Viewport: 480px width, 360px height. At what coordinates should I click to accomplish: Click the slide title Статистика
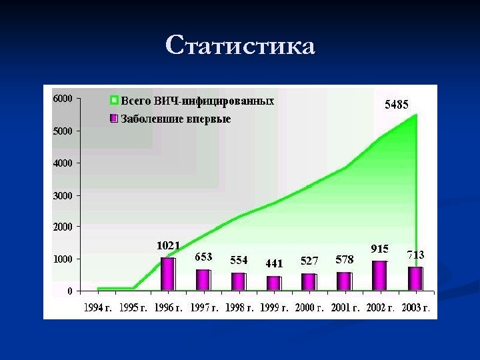click(x=240, y=46)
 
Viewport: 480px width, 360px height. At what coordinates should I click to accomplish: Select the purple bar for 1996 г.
click(x=168, y=274)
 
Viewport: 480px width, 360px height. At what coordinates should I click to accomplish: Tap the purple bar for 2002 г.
click(x=379, y=275)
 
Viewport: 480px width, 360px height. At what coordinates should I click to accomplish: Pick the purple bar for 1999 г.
click(x=273, y=283)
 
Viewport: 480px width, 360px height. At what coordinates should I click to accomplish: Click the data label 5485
click(x=397, y=105)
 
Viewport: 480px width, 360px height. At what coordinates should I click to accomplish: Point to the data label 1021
click(x=168, y=246)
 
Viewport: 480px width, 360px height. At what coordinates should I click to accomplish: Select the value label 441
click(x=274, y=263)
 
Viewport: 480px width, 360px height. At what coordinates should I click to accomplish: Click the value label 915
click(x=379, y=249)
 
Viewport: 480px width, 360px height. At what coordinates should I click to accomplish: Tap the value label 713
click(x=416, y=255)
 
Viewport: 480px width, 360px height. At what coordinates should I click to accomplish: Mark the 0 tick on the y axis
click(x=69, y=291)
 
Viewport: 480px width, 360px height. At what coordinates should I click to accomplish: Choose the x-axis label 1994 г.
click(x=98, y=308)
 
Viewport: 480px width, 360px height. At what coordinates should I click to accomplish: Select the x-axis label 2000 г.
click(x=309, y=308)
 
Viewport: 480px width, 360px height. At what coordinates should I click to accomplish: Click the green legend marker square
click(x=114, y=101)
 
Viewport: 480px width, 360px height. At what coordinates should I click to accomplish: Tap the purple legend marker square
click(x=114, y=119)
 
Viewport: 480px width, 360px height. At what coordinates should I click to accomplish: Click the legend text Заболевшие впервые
click(x=175, y=119)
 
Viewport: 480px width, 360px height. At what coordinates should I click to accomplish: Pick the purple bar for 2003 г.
click(x=415, y=279)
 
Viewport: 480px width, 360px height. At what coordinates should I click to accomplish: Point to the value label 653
click(x=203, y=257)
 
